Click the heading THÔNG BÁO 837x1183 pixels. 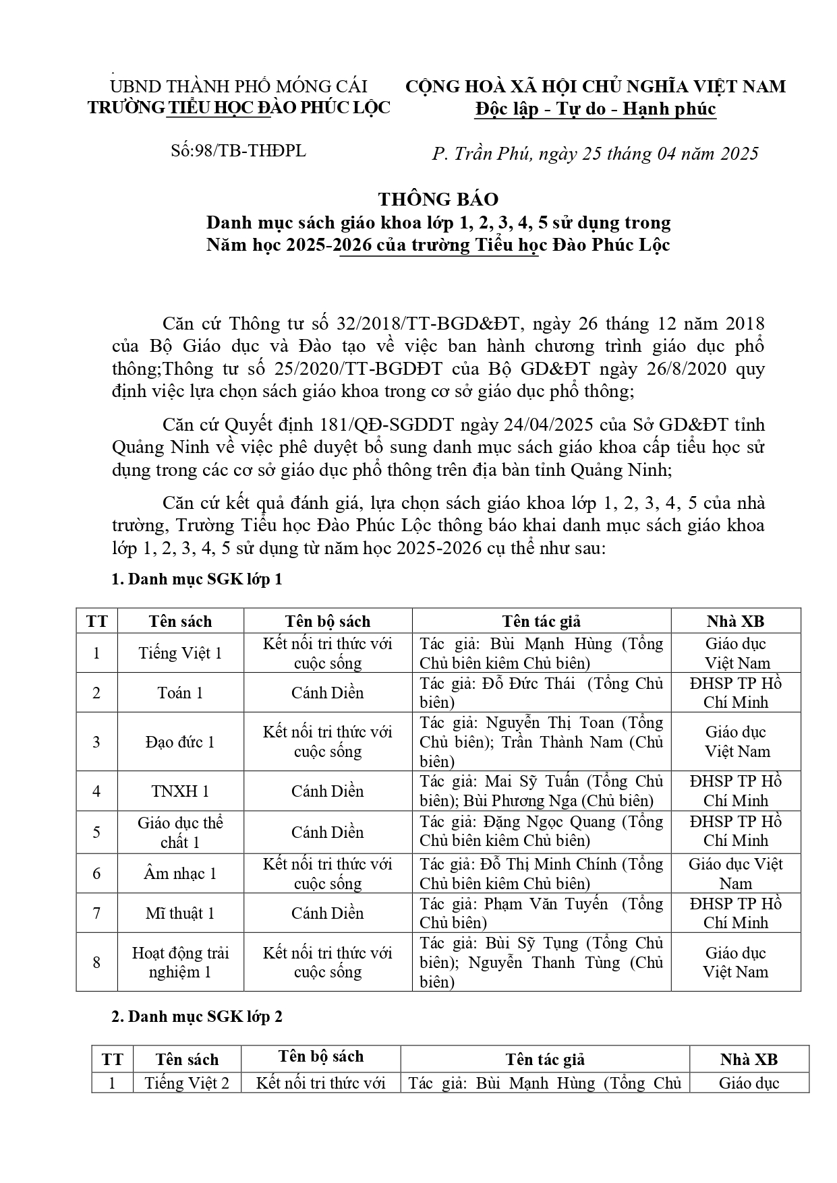[438, 199]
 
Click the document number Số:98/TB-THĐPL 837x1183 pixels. [239, 150]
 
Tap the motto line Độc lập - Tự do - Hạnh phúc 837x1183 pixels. [595, 109]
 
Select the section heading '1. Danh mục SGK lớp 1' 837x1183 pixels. [196, 579]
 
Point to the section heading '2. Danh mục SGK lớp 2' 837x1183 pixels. [196, 1017]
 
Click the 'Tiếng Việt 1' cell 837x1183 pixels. [180, 653]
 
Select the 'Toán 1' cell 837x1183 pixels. [180, 692]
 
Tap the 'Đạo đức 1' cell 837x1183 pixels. [180, 741]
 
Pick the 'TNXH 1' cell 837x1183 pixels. [180, 791]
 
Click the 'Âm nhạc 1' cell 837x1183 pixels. [180, 874]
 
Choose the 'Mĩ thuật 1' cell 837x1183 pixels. [180, 913]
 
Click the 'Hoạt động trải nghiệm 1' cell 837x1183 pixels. [180, 962]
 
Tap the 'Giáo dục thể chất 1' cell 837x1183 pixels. [180, 832]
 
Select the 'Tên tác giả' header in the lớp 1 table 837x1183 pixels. [541, 621]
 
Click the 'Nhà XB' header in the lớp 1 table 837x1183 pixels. [735, 621]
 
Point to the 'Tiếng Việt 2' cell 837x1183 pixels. [187, 1083]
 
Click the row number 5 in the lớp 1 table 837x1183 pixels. [96, 832]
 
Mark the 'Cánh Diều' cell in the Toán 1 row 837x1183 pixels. [327, 692]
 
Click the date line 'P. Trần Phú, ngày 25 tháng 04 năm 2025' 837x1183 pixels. [595, 154]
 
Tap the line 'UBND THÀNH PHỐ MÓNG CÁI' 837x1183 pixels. [239, 86]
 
